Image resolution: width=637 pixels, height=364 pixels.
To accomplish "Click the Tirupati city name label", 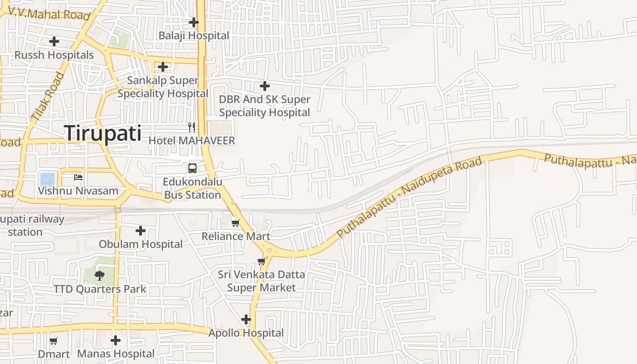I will [103, 133].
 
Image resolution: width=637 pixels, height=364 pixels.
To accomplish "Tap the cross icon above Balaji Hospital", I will [194, 22].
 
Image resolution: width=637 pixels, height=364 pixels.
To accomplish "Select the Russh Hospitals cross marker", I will [54, 41].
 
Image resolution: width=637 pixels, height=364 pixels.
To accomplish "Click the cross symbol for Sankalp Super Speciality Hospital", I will [163, 67].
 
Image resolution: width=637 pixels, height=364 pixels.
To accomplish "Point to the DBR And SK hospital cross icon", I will [264, 86].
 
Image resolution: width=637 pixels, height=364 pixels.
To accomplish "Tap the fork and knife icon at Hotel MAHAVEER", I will [192, 127].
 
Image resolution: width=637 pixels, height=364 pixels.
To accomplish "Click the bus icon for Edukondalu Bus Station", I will [192, 168].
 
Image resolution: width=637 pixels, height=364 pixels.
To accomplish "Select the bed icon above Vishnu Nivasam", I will [78, 177].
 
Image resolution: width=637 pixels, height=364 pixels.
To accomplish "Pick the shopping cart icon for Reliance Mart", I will [235, 222].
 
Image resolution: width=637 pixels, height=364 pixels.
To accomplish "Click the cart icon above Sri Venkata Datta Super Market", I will [261, 261].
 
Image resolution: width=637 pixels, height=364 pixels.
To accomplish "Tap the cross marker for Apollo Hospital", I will [246, 319].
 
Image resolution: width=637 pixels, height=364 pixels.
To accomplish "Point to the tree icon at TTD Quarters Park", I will [100, 275].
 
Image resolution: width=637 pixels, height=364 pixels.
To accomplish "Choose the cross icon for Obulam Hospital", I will [141, 231].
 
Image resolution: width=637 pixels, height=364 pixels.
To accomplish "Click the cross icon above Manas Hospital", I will [116, 340].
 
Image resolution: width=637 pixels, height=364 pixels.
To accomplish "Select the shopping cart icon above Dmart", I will [54, 341].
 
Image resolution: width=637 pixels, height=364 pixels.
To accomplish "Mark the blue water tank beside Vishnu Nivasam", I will [47, 179].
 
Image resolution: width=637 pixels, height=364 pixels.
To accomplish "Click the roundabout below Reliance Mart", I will [269, 249].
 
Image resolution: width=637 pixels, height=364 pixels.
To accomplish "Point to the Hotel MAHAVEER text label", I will [192, 141].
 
